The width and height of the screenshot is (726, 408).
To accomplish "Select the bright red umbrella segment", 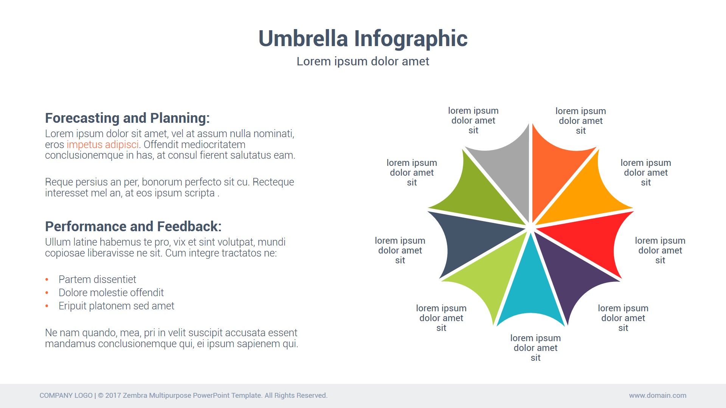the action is [x=590, y=242].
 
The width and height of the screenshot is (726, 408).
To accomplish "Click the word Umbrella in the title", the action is [x=303, y=39].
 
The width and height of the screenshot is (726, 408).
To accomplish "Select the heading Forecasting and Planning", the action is [x=127, y=118].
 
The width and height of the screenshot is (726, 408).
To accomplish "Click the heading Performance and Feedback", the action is [x=133, y=226].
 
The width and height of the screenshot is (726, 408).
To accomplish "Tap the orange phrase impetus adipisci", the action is [x=102, y=145].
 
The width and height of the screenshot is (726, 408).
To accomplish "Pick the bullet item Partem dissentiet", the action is [x=97, y=280].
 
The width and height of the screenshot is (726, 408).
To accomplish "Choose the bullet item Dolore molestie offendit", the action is [x=111, y=293].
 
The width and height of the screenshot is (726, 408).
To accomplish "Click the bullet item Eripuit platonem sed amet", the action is [x=116, y=306].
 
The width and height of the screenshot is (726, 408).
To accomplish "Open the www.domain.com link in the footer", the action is [x=658, y=396].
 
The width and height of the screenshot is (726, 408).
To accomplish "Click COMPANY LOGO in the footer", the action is [x=66, y=396].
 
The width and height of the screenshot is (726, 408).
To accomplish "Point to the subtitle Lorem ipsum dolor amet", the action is [x=363, y=61].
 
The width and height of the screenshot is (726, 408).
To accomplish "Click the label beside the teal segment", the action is [x=535, y=348].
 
